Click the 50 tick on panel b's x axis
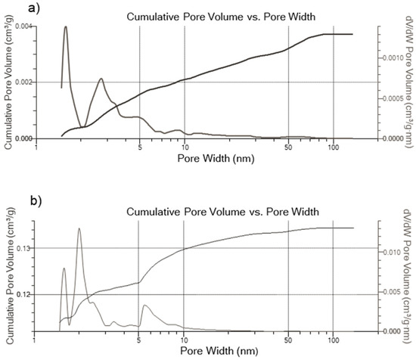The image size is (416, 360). [x=287, y=338]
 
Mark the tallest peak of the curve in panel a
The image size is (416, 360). [x=66, y=26]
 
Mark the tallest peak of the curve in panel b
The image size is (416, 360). [x=79, y=228]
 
